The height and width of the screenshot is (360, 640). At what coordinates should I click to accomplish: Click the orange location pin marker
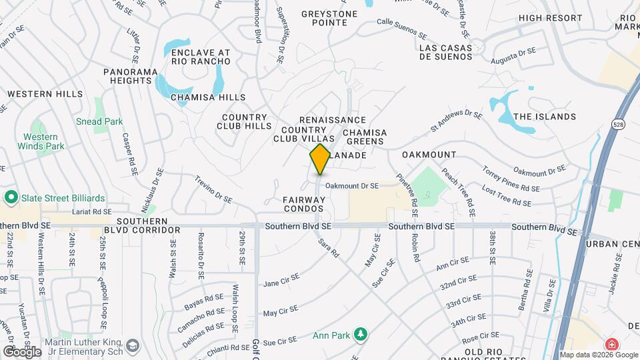320,159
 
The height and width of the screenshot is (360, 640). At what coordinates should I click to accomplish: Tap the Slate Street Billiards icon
11,198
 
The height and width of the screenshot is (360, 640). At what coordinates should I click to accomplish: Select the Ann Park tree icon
361,333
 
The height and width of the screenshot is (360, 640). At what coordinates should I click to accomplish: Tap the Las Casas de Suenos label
446,52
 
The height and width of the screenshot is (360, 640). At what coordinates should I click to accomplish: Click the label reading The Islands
544,117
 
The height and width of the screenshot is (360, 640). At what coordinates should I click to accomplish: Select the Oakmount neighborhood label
429,155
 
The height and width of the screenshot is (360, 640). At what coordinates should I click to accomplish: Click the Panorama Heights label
131,76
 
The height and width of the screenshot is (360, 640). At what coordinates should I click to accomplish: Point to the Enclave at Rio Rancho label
201,57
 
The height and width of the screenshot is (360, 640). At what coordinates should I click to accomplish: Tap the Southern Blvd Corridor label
148,225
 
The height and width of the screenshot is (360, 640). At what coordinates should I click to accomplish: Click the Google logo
21,351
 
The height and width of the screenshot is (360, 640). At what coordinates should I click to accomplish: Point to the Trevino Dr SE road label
213,190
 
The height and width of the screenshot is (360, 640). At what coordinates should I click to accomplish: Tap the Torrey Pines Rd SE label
511,179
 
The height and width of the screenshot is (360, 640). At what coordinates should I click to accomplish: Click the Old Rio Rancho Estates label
492,351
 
